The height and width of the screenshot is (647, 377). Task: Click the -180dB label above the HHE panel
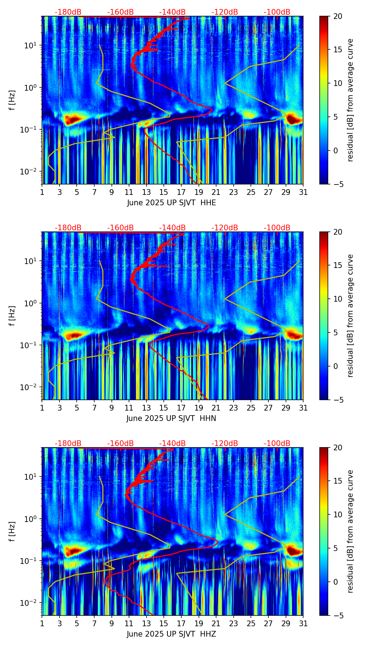(x=68, y=12)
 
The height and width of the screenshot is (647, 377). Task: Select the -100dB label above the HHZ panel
(x=277, y=444)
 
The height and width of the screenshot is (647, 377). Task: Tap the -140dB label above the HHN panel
(x=172, y=228)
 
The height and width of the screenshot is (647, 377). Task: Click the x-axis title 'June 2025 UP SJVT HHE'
(x=171, y=203)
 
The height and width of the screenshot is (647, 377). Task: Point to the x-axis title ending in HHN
(x=171, y=418)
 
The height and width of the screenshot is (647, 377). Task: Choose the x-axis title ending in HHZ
(x=171, y=634)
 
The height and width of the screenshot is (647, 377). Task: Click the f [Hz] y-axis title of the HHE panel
(x=12, y=100)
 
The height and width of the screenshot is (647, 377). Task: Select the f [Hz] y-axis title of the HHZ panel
(x=12, y=531)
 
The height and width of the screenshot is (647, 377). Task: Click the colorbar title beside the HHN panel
(x=350, y=316)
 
